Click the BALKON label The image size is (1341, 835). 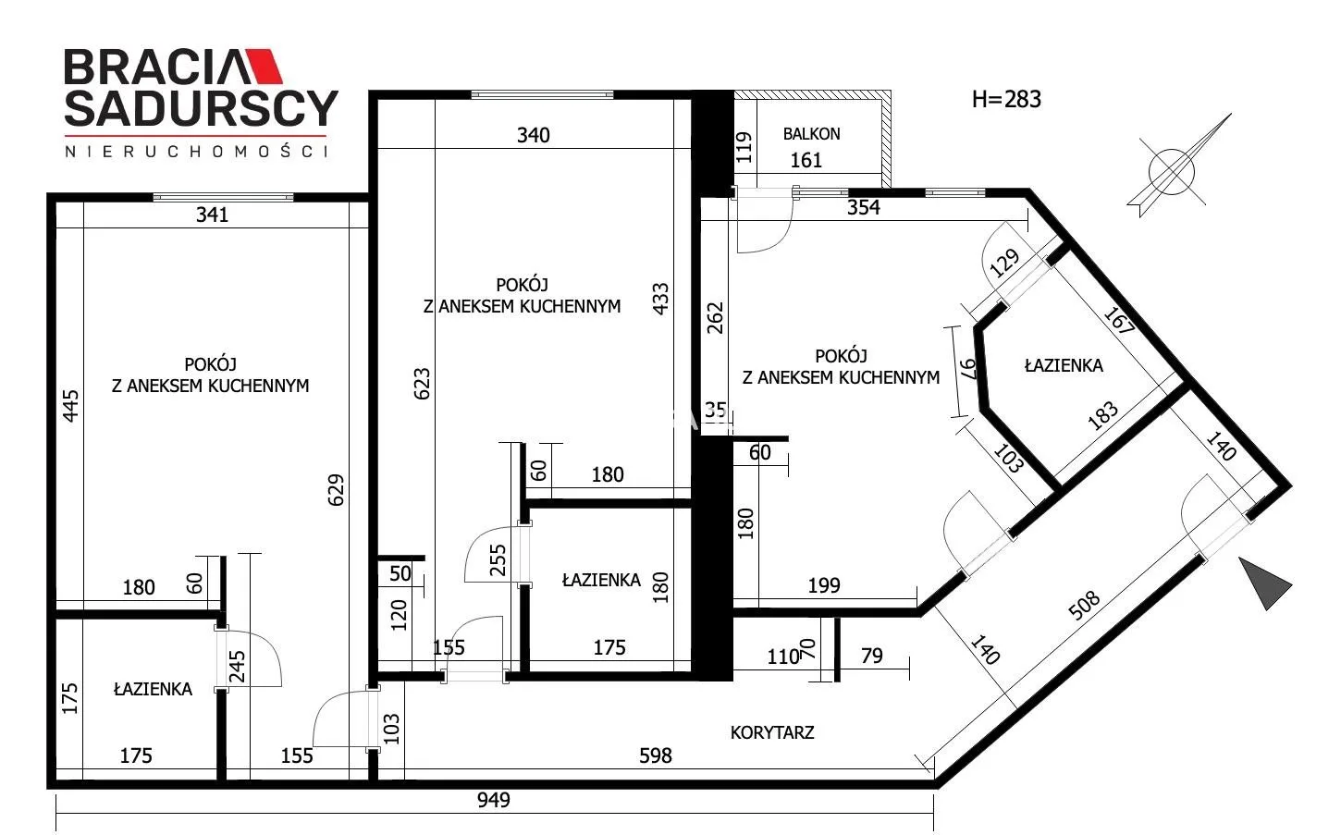pos(811,134)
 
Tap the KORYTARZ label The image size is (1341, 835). pos(771,732)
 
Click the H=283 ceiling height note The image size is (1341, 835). pos(1006,99)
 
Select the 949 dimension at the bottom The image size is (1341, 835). pos(493,800)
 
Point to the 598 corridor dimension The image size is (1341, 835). pos(656,756)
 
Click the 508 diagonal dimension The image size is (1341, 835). pos(1084,606)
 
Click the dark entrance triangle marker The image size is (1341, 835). pos(1262,583)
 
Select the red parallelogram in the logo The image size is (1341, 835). pos(265,66)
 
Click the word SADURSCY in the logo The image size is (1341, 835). pos(202,108)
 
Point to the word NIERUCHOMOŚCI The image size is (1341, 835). pos(197,152)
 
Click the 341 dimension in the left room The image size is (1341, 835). pos(213,215)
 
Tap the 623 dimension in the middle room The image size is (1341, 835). pos(422,384)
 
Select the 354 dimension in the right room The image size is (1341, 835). pos(863,208)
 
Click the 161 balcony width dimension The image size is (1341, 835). pos(806,160)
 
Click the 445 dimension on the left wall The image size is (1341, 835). pos(70,406)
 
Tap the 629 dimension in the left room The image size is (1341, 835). pos(336,490)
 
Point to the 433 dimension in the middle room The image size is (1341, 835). pos(659,299)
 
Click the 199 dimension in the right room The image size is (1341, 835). pos(824,585)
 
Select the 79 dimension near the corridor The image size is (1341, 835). pos(871,656)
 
